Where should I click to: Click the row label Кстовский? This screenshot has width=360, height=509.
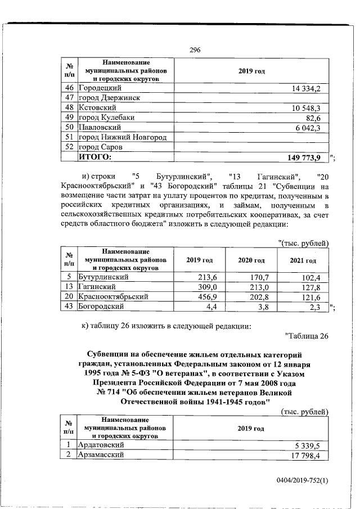tap(97, 107)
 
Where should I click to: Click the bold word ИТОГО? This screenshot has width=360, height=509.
tap(95, 156)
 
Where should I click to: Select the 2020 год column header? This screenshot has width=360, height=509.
tap(251, 261)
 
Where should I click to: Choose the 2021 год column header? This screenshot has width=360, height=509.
tap(303, 261)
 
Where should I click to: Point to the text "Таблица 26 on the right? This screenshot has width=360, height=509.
tap(307, 336)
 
